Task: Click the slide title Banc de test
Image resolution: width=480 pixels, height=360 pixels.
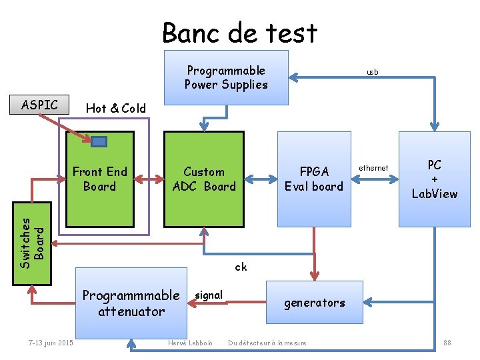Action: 240,32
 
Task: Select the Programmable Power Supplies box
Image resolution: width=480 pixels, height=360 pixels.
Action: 227,77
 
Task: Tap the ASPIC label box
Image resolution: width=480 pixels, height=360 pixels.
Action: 40,105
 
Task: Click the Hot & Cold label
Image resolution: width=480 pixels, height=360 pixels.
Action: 116,108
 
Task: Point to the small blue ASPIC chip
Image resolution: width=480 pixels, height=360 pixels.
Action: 99,141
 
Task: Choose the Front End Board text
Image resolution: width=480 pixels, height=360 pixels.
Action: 99,179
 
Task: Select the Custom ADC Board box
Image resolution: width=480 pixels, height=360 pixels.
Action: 204,179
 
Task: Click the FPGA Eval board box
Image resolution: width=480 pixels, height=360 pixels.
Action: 313,179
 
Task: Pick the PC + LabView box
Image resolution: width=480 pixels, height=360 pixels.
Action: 435,179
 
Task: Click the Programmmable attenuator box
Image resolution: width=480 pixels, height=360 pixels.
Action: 131,303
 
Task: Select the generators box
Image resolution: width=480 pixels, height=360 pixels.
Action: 315,303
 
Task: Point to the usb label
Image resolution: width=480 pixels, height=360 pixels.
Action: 372,71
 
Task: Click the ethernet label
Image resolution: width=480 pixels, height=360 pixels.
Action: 373,168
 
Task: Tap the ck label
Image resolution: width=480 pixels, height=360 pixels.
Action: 241,267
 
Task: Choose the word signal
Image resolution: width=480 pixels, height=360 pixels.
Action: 209,295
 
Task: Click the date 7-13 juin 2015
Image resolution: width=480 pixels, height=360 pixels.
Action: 51,343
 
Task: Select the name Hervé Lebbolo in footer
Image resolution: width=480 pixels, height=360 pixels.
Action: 191,343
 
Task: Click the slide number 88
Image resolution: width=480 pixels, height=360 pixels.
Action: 447,343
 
